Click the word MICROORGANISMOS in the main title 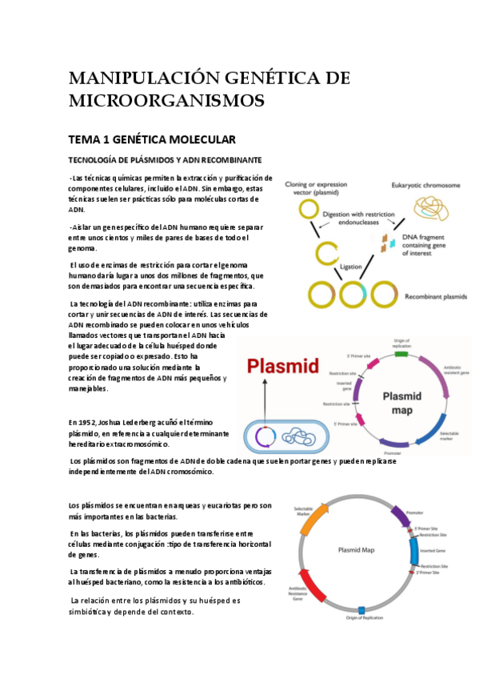(166, 101)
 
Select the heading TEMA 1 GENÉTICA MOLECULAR (152, 139)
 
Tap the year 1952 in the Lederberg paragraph (90, 421)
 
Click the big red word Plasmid (283, 367)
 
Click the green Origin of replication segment (401, 352)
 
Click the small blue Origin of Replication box (361, 611)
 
